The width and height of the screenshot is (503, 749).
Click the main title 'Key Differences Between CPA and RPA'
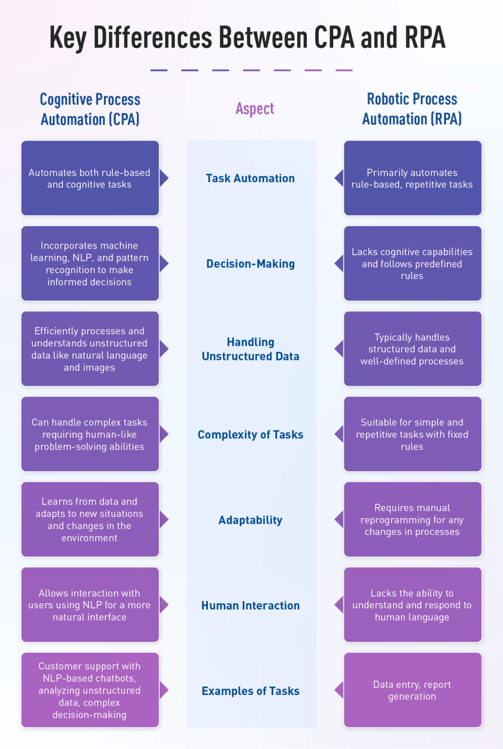[247, 38]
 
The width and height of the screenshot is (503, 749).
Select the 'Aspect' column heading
[255, 108]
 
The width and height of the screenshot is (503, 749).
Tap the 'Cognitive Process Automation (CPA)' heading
[90, 109]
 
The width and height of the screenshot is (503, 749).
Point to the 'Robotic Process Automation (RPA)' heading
[412, 109]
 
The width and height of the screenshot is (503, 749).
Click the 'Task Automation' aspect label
[250, 178]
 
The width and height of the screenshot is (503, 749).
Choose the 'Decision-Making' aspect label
[250, 264]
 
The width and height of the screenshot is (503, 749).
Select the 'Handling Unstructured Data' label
[250, 349]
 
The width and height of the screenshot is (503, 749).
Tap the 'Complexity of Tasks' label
[250, 434]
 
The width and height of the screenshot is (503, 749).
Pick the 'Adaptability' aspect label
[250, 520]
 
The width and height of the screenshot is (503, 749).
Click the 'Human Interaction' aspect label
[250, 605]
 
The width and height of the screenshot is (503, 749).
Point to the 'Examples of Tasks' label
[250, 691]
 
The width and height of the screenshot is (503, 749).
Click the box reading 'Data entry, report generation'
[412, 690]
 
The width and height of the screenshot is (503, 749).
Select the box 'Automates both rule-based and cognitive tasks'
[90, 178]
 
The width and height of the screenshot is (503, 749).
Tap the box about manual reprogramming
[412, 519]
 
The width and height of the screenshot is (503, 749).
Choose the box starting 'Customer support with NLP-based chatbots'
[90, 690]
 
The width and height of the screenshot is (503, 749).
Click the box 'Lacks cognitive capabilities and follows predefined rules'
[412, 263]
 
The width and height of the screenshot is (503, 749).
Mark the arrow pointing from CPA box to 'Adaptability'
[164, 519]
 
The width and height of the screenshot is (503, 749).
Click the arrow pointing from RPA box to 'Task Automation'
[339, 178]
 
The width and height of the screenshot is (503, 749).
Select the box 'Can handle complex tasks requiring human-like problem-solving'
[90, 434]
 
